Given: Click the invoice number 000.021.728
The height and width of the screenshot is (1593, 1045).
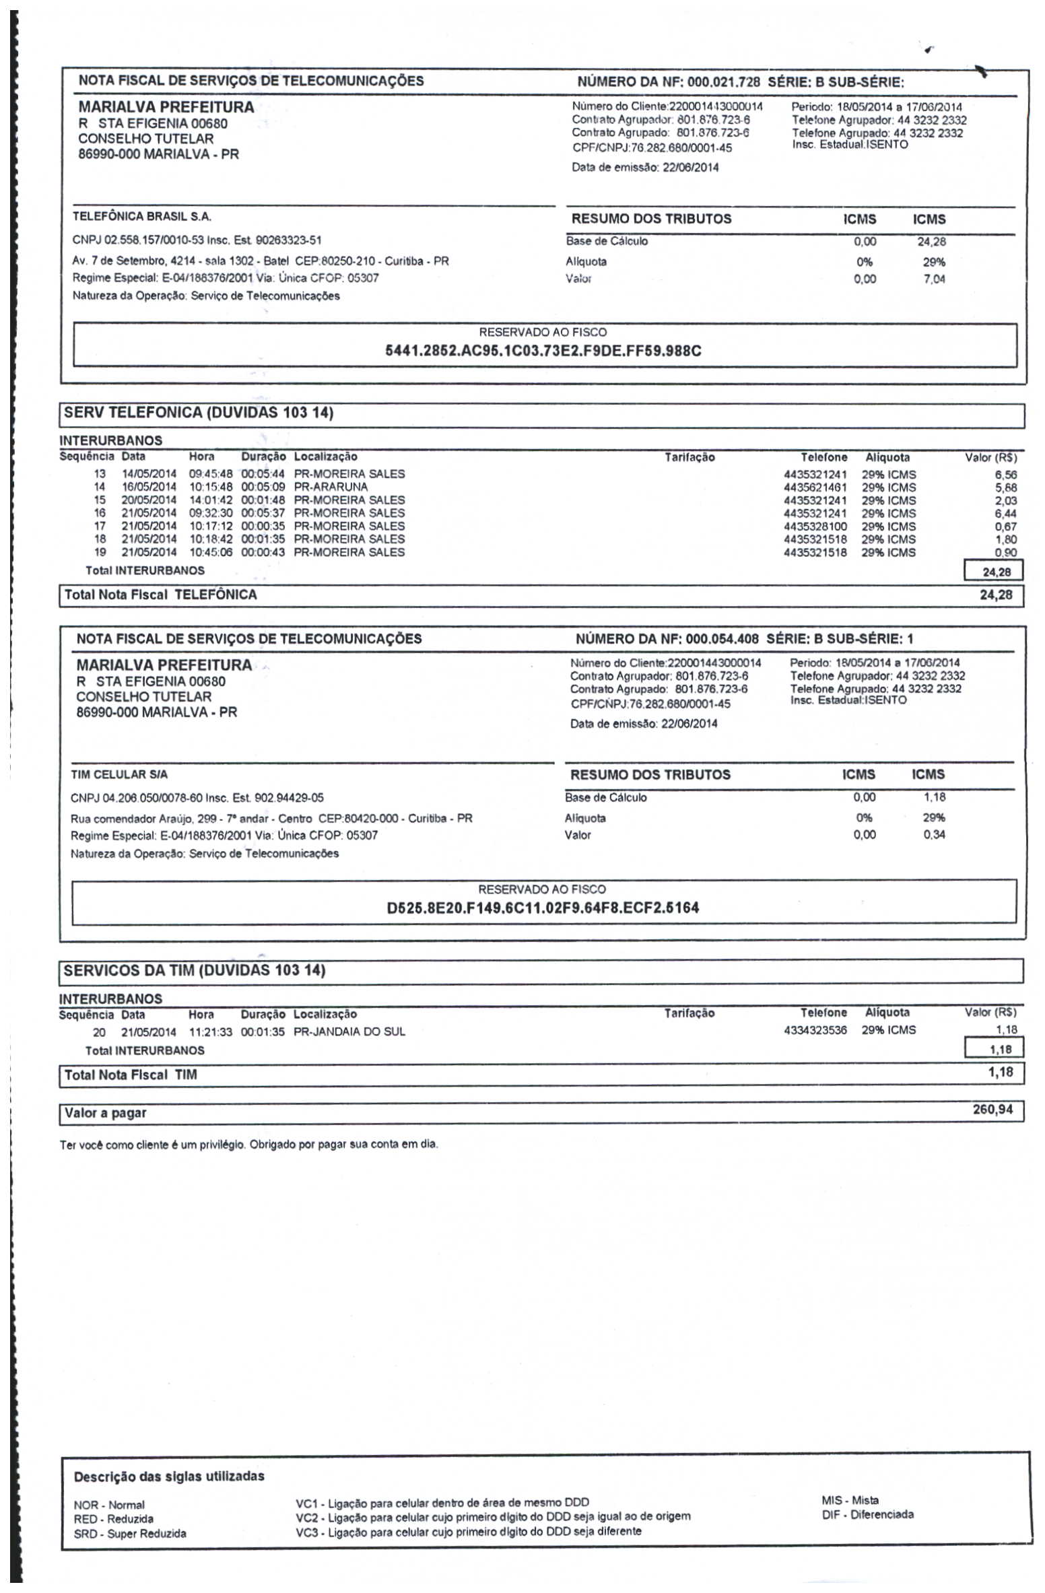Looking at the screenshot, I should pos(723,82).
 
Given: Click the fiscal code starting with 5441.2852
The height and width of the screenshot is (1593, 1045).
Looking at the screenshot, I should pos(543,351).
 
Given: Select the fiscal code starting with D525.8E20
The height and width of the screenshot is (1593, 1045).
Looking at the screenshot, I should pos(543,908).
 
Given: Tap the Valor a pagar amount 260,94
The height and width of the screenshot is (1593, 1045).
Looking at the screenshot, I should pos(992,1109).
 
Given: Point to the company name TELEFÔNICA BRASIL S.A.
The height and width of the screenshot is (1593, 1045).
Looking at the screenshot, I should pos(142,217).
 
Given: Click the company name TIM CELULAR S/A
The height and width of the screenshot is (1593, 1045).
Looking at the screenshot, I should pos(119,774).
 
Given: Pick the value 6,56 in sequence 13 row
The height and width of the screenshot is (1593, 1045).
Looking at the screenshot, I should pos(1005,475).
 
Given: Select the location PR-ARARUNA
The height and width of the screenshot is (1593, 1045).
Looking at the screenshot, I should pos(331,487).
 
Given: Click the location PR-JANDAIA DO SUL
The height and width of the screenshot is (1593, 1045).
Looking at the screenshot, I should pos(349,1031).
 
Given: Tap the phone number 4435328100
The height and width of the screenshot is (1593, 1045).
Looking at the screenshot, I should pos(815,527).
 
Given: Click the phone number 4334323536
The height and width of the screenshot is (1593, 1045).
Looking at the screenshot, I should pos(815,1030).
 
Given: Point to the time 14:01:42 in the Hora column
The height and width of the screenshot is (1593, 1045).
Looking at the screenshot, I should pos(211,500).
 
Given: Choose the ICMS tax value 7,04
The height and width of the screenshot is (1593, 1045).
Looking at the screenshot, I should pos(934,279).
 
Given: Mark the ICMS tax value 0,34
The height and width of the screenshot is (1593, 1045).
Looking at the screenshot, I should pos(934,835).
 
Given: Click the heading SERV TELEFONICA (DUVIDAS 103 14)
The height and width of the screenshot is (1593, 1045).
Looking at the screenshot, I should pos(199,413).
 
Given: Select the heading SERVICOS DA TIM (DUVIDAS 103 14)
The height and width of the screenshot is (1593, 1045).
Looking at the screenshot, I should pos(195,970).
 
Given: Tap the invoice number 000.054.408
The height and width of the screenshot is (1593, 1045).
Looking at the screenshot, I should pos(722,639).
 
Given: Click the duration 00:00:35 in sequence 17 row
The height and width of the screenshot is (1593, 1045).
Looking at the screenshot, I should pos(263,527).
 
